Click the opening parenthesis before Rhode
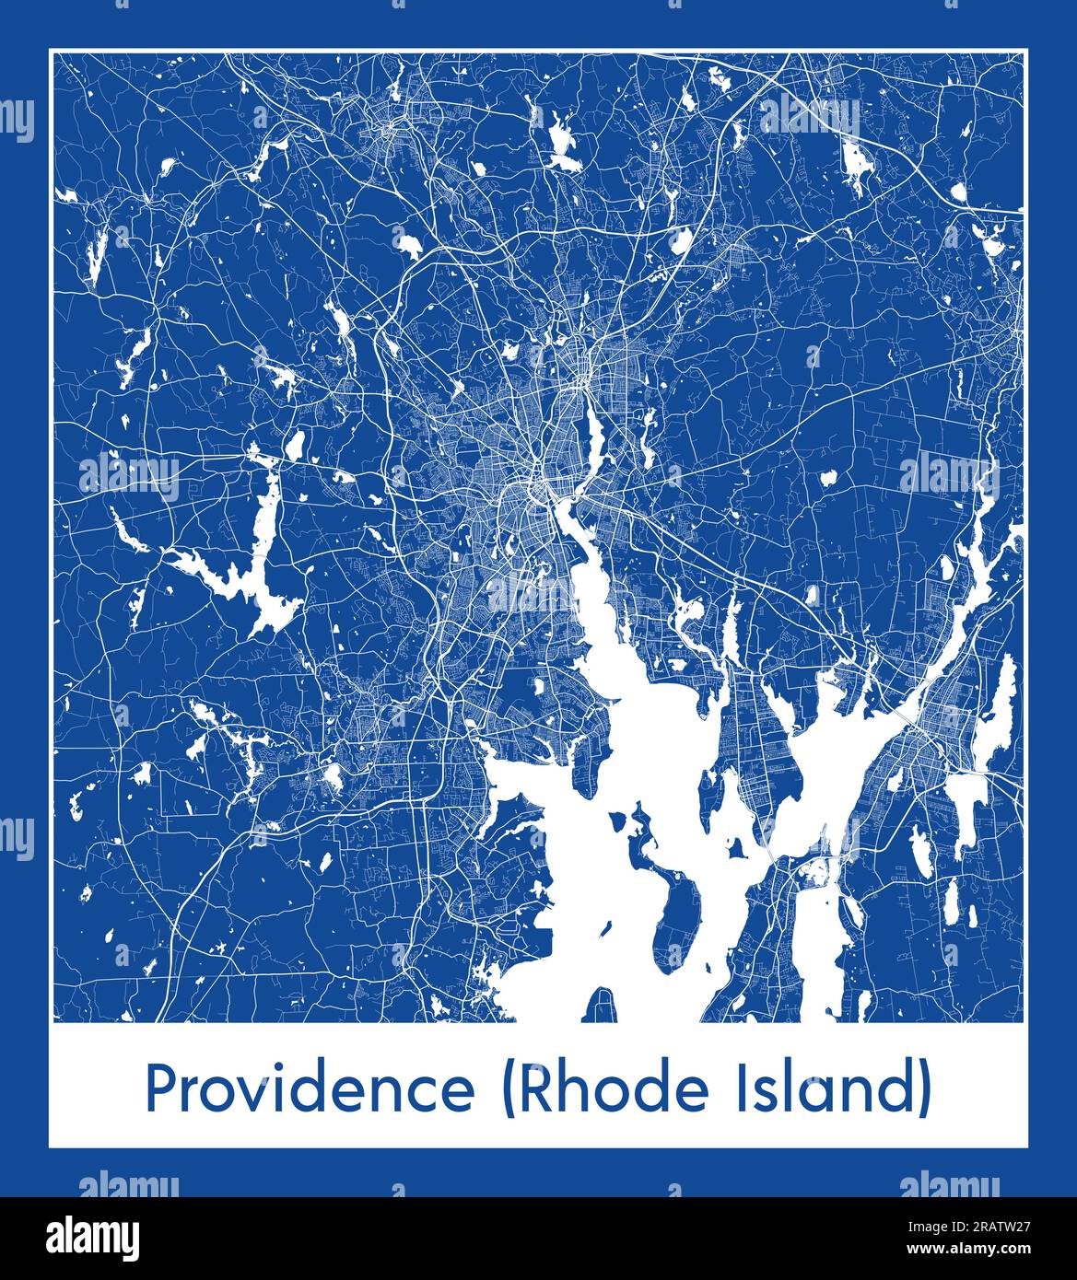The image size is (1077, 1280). (x=507, y=1090)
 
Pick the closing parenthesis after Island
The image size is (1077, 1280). (x=923, y=1090)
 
